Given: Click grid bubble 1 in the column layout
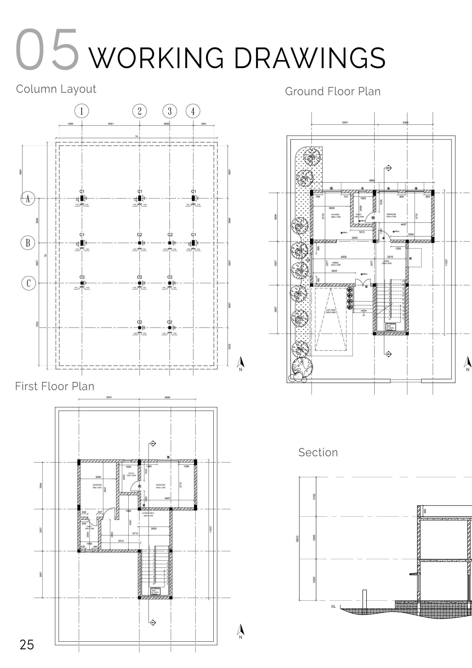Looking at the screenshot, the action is click(x=82, y=111).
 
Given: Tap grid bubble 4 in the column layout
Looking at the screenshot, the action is click(x=193, y=111).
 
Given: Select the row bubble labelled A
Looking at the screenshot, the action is click(x=28, y=199).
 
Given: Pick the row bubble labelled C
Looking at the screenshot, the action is click(x=29, y=283).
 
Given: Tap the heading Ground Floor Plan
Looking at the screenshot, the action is click(x=333, y=91).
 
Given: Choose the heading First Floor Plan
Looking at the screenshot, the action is click(x=55, y=386).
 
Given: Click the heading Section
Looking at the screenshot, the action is click(x=318, y=453).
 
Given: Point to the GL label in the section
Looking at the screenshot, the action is click(x=333, y=607).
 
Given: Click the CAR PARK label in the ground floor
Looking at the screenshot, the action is click(x=331, y=310).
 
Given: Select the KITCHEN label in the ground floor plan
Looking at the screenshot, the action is click(x=335, y=214).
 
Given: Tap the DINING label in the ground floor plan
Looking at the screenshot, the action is click(x=335, y=263).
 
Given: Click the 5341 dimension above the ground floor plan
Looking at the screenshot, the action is click(x=345, y=123).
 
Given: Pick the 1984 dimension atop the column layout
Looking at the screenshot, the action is click(x=70, y=124).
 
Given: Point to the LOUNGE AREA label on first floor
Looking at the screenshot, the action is click(x=148, y=513).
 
